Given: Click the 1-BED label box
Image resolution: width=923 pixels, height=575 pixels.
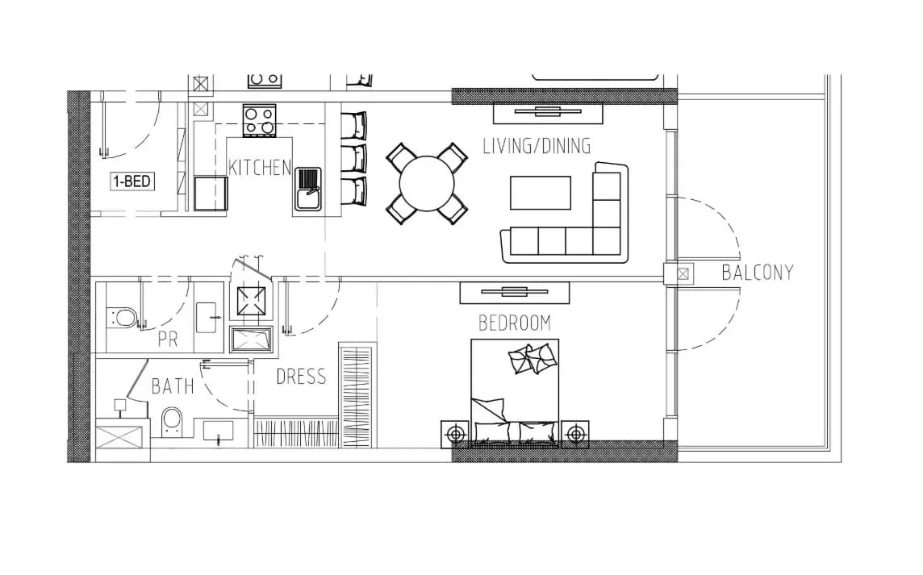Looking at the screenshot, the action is (x=132, y=181).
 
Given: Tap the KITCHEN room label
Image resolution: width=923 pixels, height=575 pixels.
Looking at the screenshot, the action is (x=260, y=168).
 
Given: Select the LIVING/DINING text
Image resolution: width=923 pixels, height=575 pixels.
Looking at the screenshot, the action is (x=537, y=146).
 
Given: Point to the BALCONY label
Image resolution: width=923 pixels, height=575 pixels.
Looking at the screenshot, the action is (x=757, y=273).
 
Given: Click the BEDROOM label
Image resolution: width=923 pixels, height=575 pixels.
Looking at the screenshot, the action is (x=515, y=323).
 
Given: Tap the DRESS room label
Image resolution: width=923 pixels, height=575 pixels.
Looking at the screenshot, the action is (x=301, y=377).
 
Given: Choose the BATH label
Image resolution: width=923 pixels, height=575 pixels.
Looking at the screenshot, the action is (x=173, y=386).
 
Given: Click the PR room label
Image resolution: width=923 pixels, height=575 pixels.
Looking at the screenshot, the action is (x=168, y=340).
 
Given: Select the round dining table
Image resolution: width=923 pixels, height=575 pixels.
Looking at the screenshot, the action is (x=427, y=183).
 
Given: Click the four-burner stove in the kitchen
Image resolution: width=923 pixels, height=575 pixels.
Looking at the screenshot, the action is (x=259, y=121).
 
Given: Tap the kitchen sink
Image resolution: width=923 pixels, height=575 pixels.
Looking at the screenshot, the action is (x=307, y=189).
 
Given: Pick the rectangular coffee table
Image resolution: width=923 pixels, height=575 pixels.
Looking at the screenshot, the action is (x=541, y=193).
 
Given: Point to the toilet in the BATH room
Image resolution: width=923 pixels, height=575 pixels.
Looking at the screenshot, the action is (x=172, y=422).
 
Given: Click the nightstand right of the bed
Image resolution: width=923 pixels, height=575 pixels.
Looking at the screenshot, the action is (x=575, y=435).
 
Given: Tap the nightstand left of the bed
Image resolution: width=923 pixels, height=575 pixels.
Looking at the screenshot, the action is (x=455, y=435).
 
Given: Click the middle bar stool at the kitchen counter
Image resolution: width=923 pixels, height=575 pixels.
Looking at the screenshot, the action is (x=353, y=158).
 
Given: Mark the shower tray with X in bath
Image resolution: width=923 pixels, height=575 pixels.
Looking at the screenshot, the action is (x=119, y=440).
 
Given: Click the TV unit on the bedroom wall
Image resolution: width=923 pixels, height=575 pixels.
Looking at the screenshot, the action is (x=515, y=293).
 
